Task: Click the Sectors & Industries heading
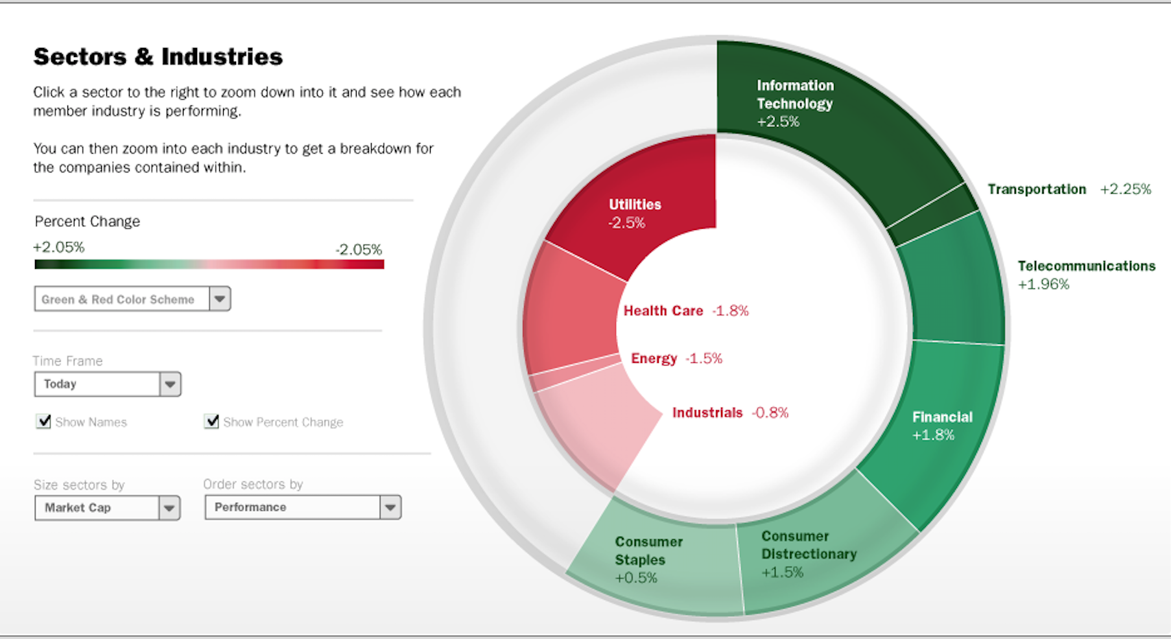tap(158, 57)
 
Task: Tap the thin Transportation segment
tap(934, 215)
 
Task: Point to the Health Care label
tap(663, 311)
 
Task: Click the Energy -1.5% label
tap(676, 359)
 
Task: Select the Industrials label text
tap(707, 413)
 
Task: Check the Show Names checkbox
tap(43, 422)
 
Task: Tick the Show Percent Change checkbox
tap(211, 422)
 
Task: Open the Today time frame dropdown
tap(170, 384)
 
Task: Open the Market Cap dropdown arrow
tap(169, 508)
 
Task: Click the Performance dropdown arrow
tap(390, 507)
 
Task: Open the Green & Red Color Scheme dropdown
tap(220, 299)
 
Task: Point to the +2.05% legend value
tap(59, 248)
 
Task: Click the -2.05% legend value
tap(359, 250)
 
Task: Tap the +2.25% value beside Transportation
tap(1126, 189)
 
